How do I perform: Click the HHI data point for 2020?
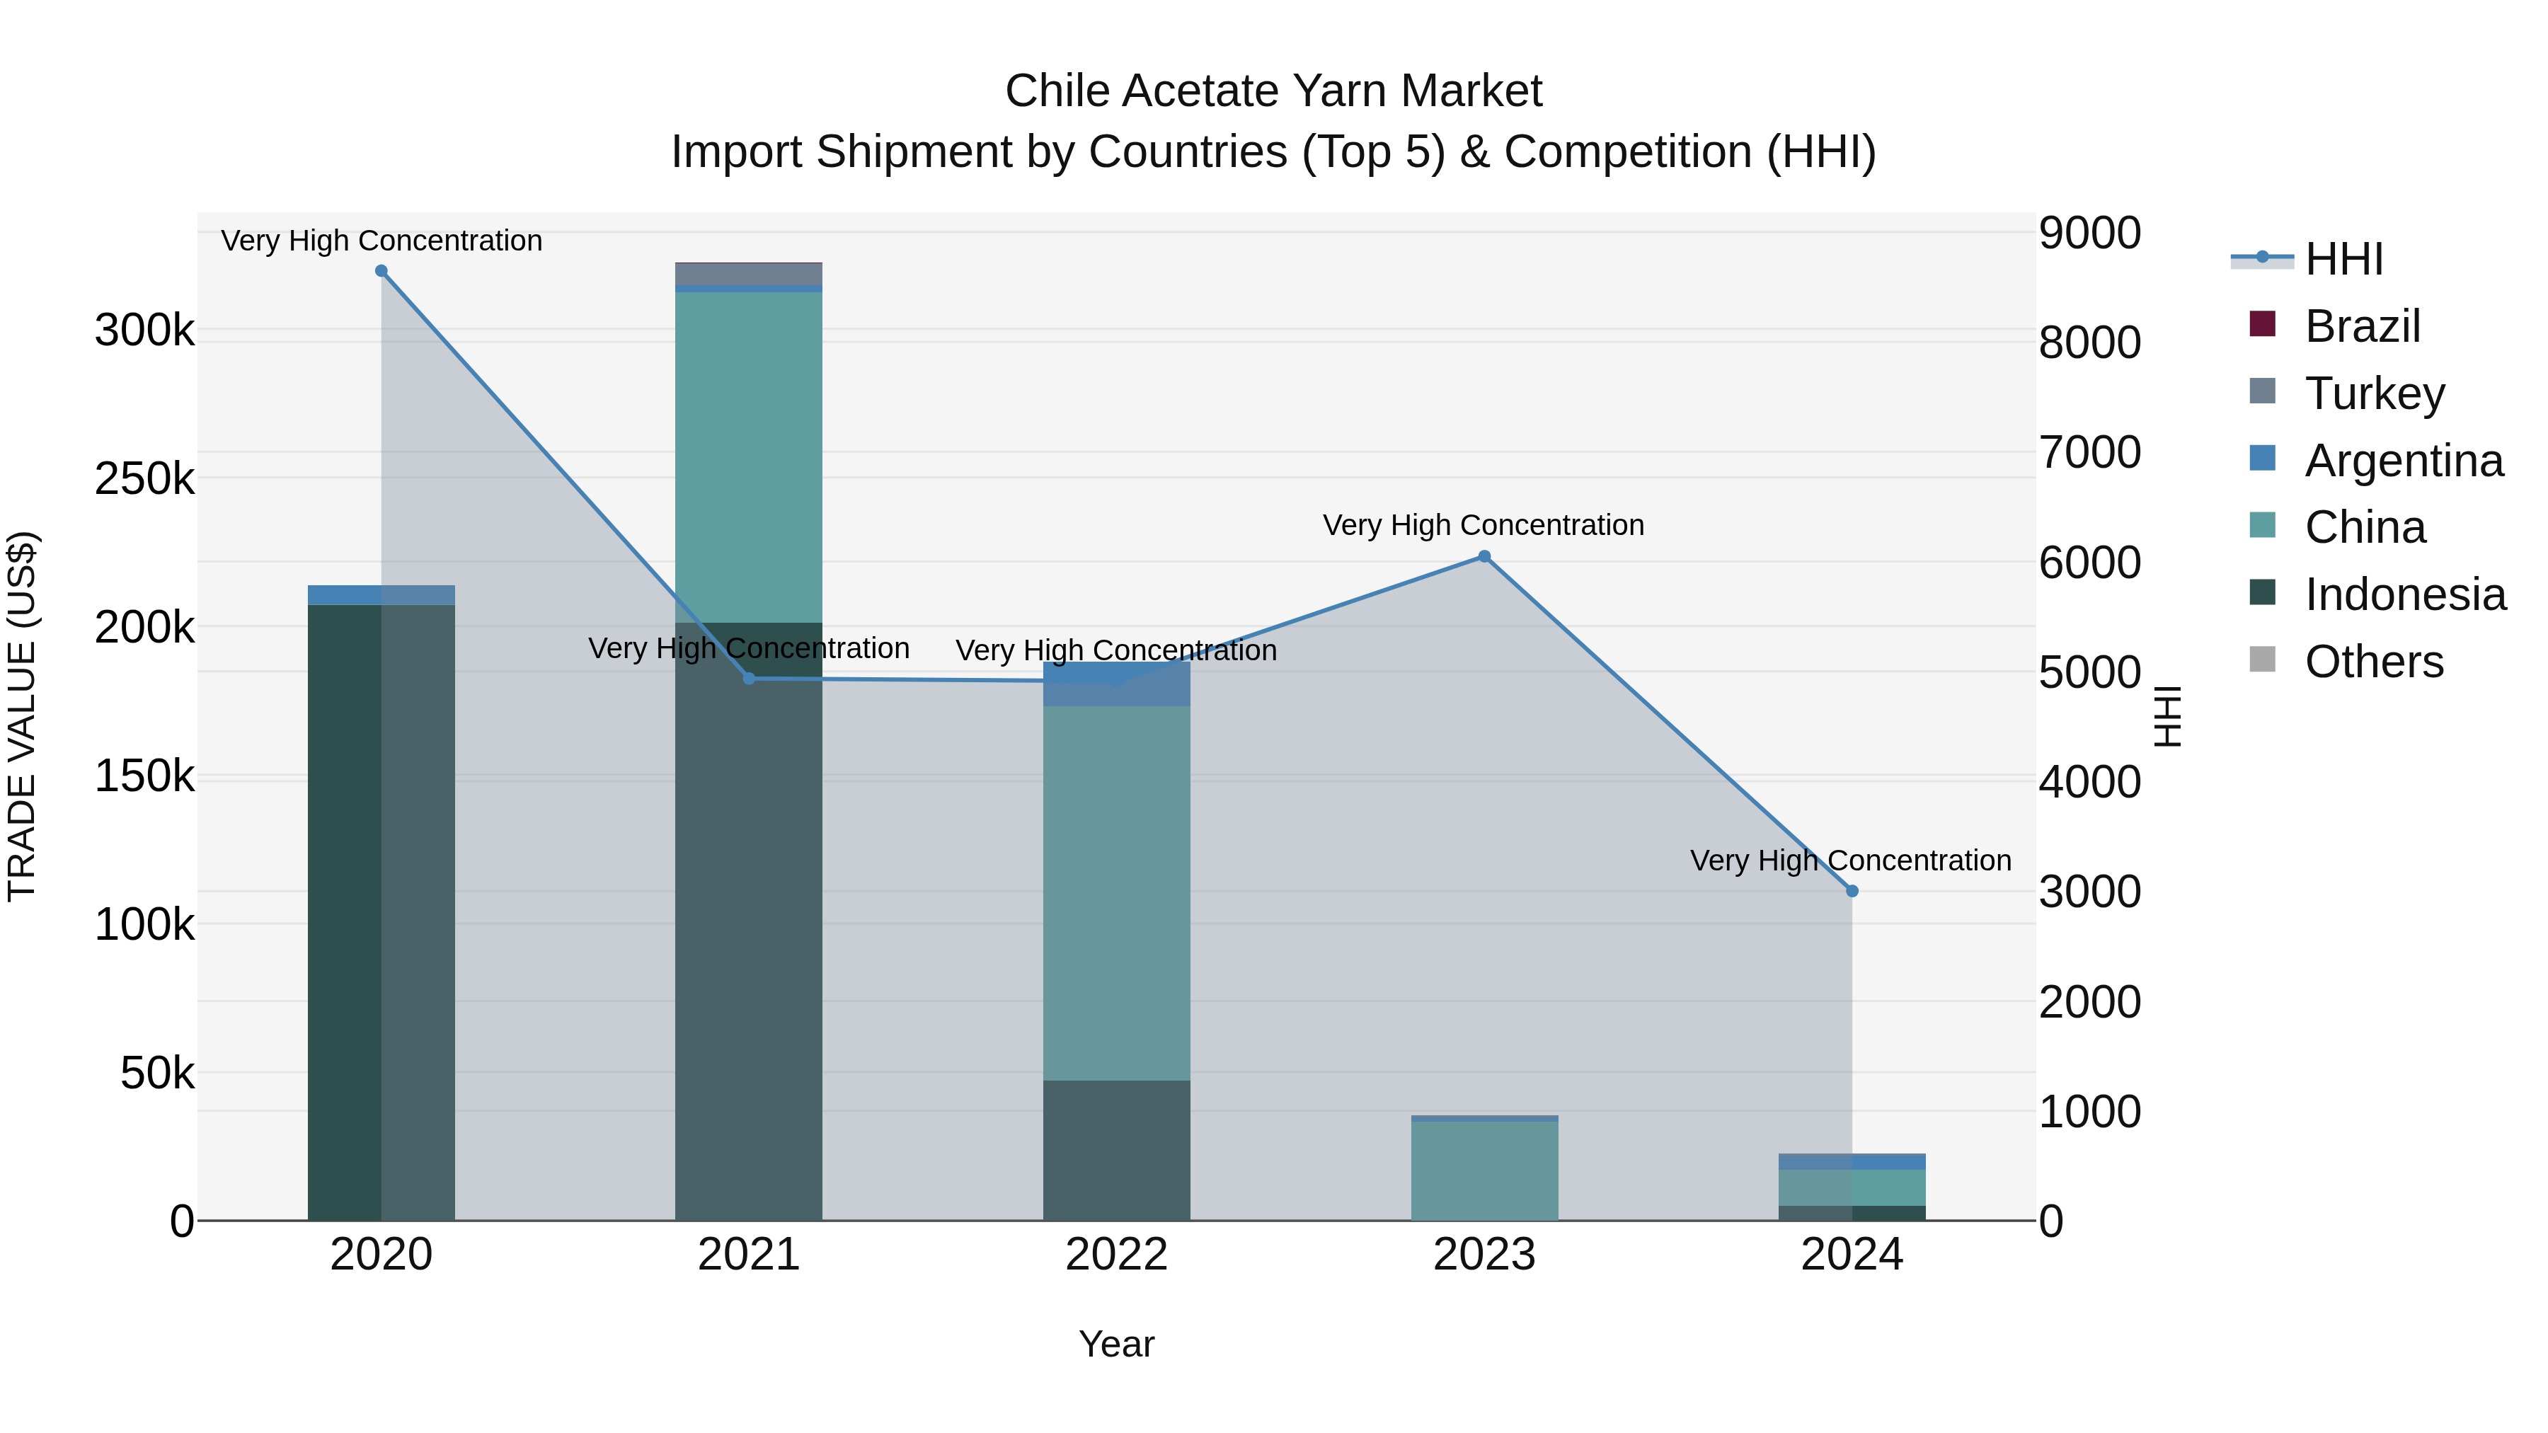click(381, 271)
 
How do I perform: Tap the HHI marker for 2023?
click(1484, 557)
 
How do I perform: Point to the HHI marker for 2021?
click(749, 679)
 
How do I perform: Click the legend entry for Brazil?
click(2361, 326)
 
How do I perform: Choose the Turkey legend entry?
click(2373, 393)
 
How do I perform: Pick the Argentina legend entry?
click(2403, 461)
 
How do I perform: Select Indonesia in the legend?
click(2404, 595)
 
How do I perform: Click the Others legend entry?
click(2373, 662)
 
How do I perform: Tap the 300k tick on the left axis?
click(144, 330)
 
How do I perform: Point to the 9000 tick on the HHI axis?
click(2089, 234)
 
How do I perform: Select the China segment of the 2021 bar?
click(749, 455)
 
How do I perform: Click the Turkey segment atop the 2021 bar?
click(749, 273)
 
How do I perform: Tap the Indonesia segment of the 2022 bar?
click(1117, 1150)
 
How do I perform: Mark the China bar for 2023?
click(1484, 1171)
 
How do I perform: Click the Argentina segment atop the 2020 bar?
click(381, 594)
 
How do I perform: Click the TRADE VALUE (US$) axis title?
click(22, 716)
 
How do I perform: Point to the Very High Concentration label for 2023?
click(1483, 525)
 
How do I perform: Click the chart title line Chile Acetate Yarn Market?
click(1273, 91)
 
